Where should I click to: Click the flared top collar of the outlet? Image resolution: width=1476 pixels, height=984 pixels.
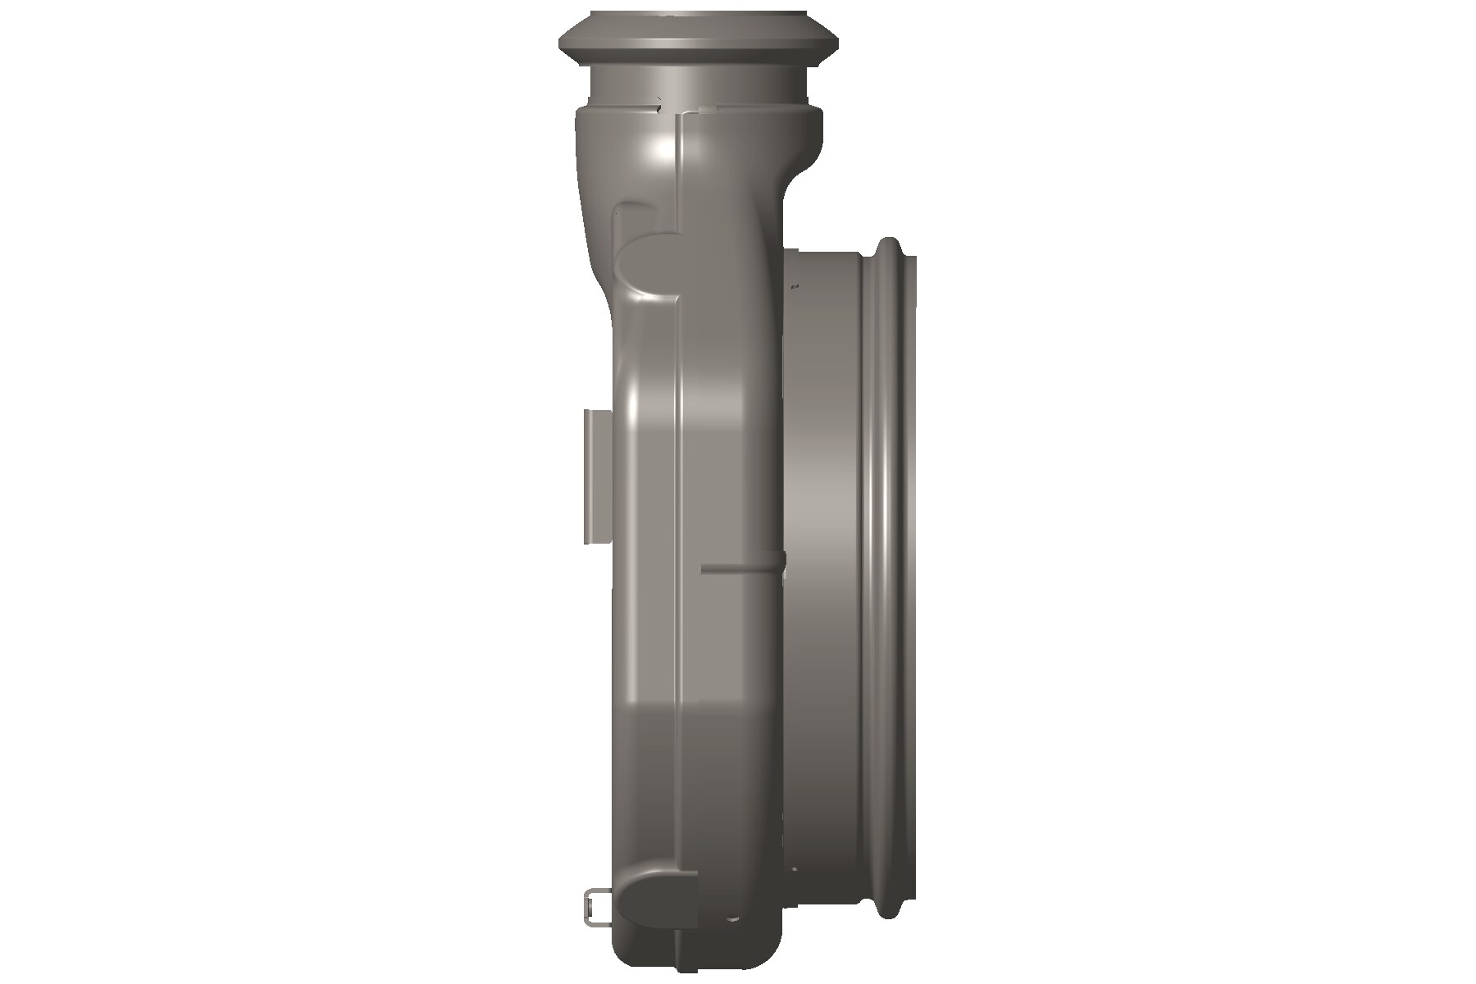click(x=699, y=37)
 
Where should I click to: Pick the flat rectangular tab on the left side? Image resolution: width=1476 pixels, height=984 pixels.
click(x=596, y=476)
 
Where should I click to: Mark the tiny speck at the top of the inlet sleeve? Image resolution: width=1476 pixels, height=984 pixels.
click(x=794, y=286)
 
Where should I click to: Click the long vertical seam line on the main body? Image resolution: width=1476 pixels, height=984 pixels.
click(x=676, y=574)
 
